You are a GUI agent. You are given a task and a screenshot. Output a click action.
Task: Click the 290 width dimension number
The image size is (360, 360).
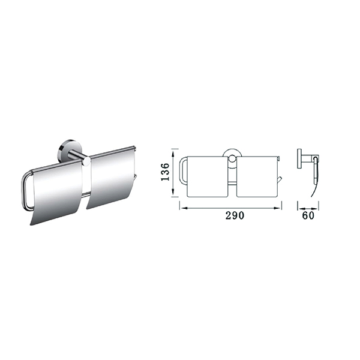pos(235,215)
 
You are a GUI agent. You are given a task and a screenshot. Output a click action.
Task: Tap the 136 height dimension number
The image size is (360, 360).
pos(166,172)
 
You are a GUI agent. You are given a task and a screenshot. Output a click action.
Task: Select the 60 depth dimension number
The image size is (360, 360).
pos(308,215)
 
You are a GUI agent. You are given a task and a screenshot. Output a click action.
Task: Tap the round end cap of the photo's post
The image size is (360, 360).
pos(86,161)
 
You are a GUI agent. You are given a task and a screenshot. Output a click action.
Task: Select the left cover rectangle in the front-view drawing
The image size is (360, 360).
pos(208,176)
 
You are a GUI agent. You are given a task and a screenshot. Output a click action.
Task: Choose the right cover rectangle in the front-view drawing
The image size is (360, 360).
pos(257,176)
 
